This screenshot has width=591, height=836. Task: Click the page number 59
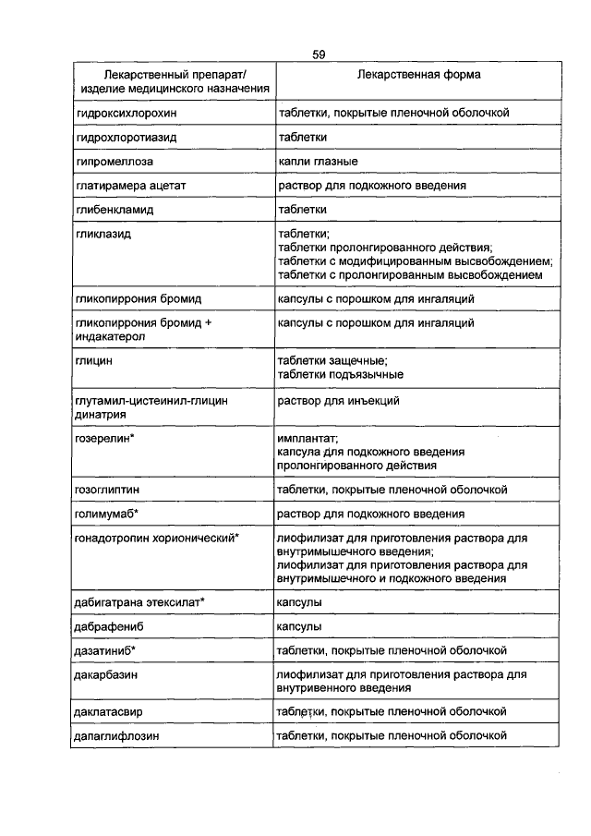[319, 55]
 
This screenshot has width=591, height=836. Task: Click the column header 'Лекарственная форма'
[413, 74]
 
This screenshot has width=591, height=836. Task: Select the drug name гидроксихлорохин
[126, 113]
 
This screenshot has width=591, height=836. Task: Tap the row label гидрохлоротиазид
[127, 137]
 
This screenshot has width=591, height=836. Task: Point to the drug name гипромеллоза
[114, 162]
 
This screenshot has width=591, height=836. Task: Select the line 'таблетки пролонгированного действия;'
[385, 248]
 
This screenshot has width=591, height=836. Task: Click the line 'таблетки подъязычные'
[340, 375]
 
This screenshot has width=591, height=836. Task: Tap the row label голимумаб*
[108, 513]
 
